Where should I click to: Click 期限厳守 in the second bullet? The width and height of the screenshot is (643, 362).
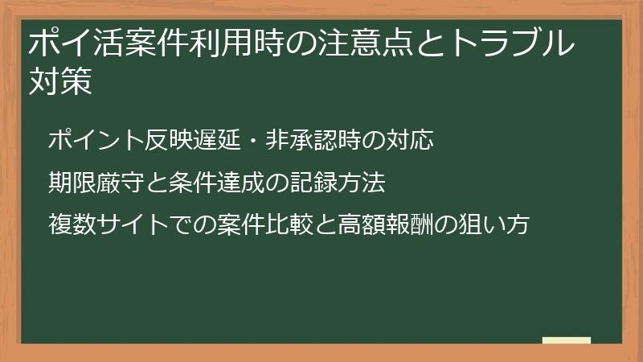coord(96,183)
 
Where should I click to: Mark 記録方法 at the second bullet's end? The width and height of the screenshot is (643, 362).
coord(338,183)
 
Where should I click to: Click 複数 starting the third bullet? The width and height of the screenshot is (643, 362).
coord(72,224)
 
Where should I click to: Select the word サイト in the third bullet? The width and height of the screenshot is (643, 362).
coord(132,224)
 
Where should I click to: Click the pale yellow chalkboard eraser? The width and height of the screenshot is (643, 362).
coord(567,340)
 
